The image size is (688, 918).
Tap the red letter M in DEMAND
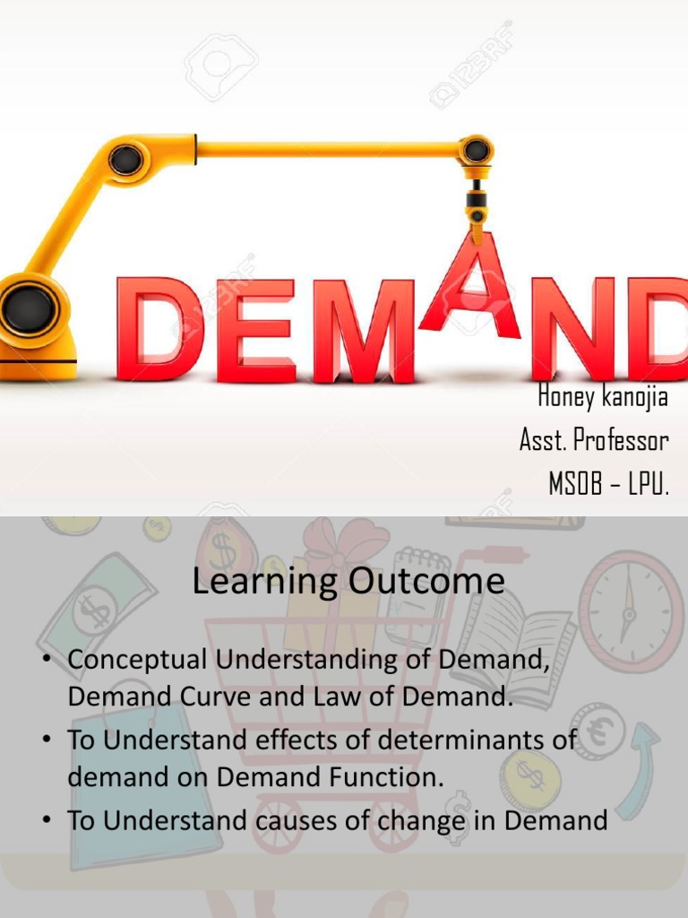click(x=365, y=332)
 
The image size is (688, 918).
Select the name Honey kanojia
click(x=603, y=396)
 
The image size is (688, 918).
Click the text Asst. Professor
click(x=594, y=440)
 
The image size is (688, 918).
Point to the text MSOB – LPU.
click(x=609, y=485)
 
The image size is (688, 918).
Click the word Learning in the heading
click(x=267, y=583)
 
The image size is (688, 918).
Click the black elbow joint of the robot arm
click(x=125, y=160)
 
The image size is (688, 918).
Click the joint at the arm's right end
click(x=475, y=149)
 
